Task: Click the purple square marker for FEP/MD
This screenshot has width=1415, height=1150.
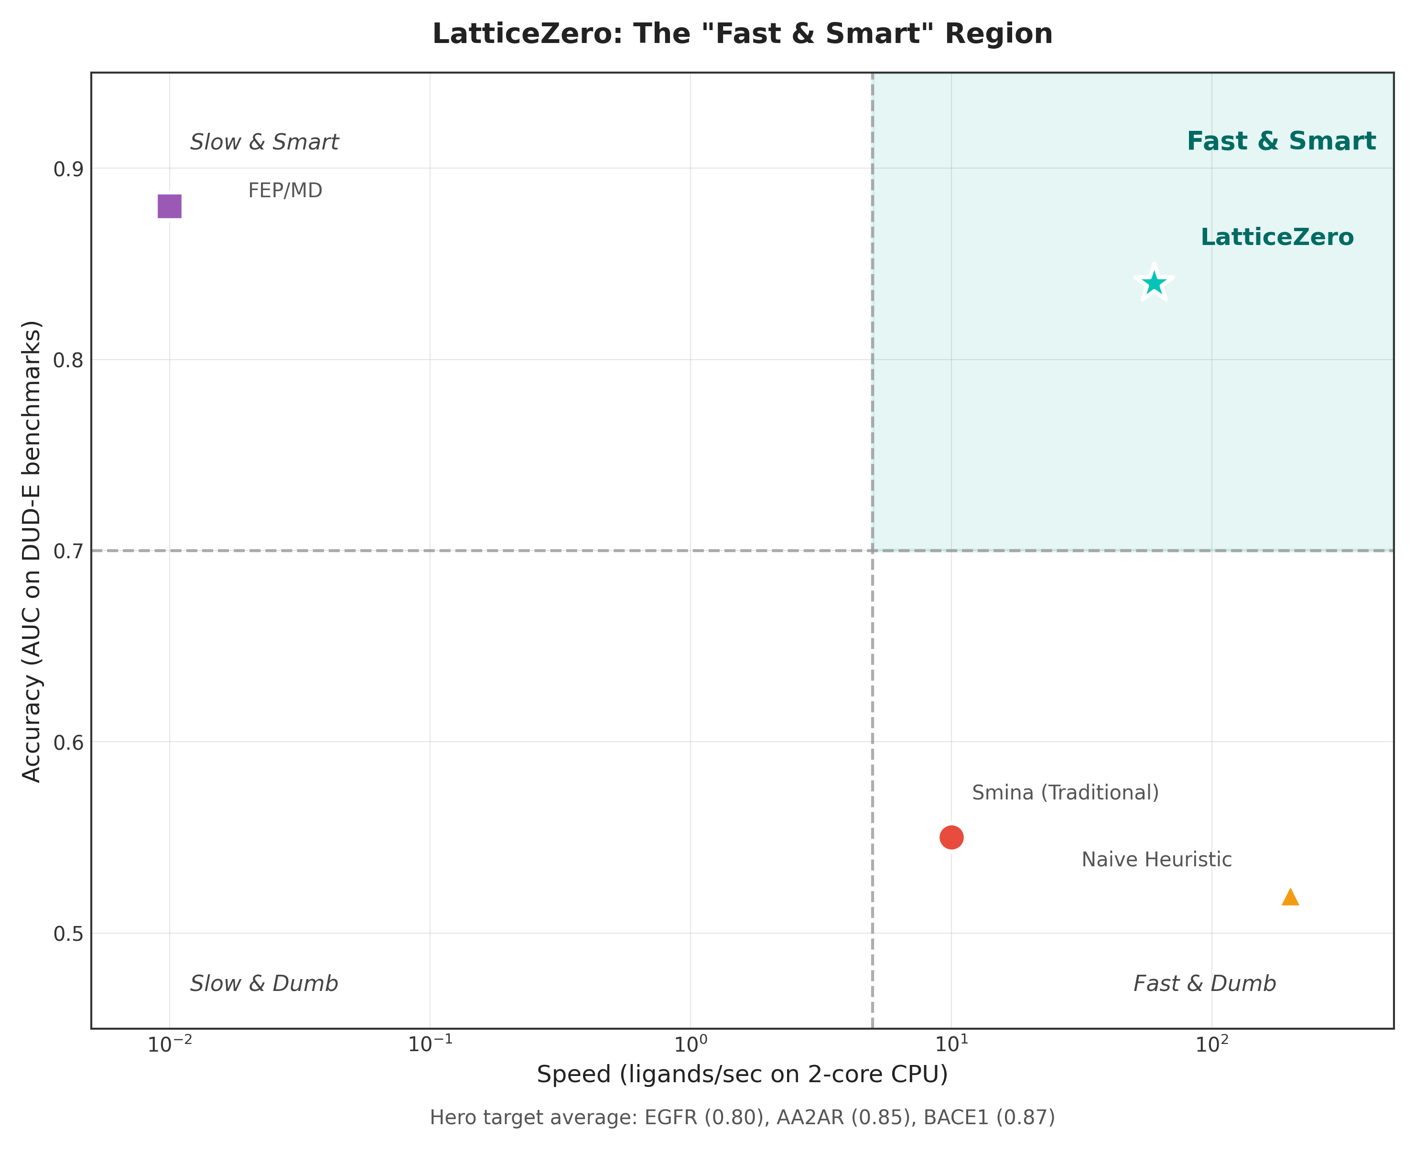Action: tap(169, 207)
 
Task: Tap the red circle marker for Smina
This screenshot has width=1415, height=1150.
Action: tap(951, 837)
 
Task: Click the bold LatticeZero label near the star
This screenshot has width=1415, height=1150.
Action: tap(1276, 237)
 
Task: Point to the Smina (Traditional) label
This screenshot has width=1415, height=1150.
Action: tap(1065, 793)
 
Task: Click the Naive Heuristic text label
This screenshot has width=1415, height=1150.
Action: tap(1156, 860)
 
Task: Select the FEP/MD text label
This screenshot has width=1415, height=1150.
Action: tap(285, 191)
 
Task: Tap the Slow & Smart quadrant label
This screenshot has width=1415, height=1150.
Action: tap(264, 142)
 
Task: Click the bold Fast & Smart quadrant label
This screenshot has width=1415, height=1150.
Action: tap(1280, 141)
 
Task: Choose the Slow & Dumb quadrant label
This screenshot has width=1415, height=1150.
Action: tap(264, 984)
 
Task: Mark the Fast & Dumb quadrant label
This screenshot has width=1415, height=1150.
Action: tap(1204, 984)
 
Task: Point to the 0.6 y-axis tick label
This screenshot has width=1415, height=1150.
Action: tap(67, 743)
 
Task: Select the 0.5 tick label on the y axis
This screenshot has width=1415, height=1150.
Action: tap(67, 934)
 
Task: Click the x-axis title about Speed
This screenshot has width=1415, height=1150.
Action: tap(742, 1075)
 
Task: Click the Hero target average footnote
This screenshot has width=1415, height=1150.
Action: tap(742, 1118)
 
